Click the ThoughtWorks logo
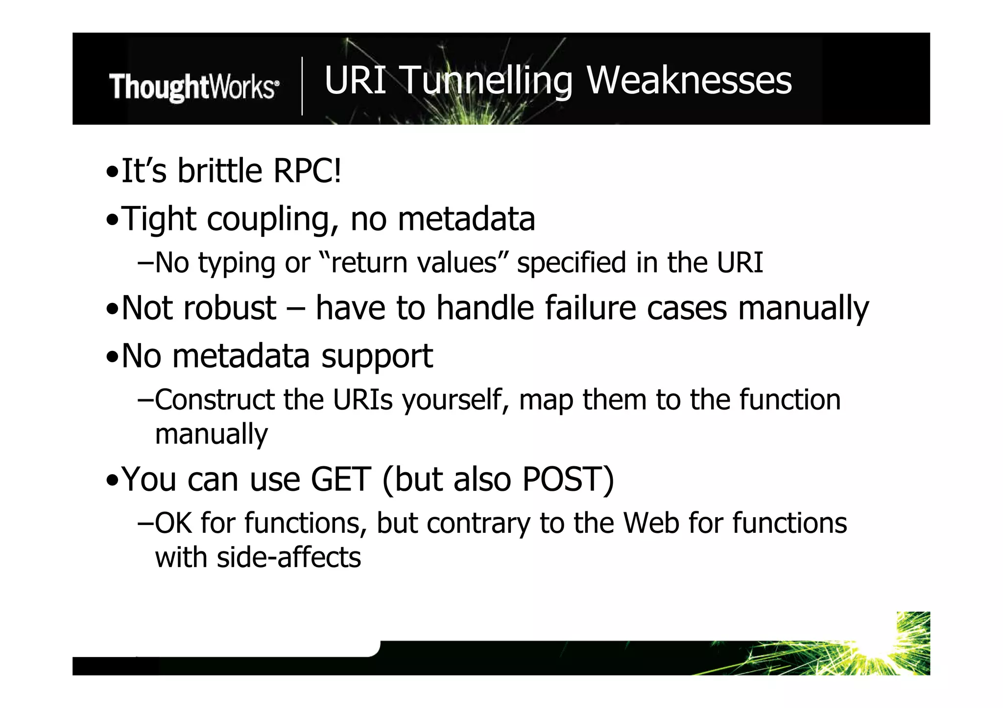pos(194,87)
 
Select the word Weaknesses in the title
pos(689,80)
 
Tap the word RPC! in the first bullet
pos(307,171)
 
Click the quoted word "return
pos(364,263)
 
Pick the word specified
pos(572,263)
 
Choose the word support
pos(377,356)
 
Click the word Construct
pos(215,400)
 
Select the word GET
pos(341,480)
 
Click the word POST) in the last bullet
pos(568,480)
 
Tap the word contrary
pos(478,523)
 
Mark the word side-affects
pos(288,558)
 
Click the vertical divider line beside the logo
pos(302,86)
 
